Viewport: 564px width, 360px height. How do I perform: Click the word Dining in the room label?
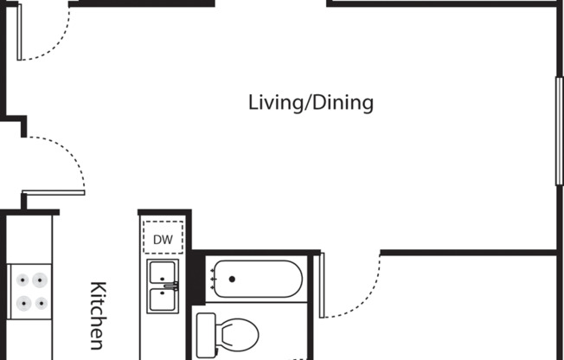coord(343,103)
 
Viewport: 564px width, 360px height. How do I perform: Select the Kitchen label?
coord(98,316)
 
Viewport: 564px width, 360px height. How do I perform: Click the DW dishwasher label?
coord(163,240)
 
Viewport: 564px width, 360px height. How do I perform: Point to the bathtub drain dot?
coord(232,279)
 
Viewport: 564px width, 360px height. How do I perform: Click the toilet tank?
coord(207,335)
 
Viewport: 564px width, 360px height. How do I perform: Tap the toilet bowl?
coord(237,335)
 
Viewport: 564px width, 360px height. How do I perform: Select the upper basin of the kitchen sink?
coord(163,273)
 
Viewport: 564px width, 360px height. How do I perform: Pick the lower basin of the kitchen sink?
coord(163,299)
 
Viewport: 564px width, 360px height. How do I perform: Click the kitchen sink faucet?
coord(171,286)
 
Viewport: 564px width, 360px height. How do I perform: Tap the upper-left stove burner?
coord(22,280)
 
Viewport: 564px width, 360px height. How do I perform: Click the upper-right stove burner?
coord(40,280)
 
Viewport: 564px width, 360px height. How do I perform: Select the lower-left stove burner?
coord(23,304)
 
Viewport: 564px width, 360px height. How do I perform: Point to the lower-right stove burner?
coord(42,304)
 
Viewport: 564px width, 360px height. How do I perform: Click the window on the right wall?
coord(560,131)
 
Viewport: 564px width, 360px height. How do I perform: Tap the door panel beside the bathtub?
coord(322,285)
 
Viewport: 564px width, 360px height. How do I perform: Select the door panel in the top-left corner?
coord(19,32)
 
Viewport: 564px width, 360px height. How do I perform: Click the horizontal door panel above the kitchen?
coord(54,193)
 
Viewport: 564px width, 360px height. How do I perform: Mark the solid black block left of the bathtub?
coord(198,278)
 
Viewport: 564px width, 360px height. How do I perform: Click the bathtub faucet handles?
coord(213,279)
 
